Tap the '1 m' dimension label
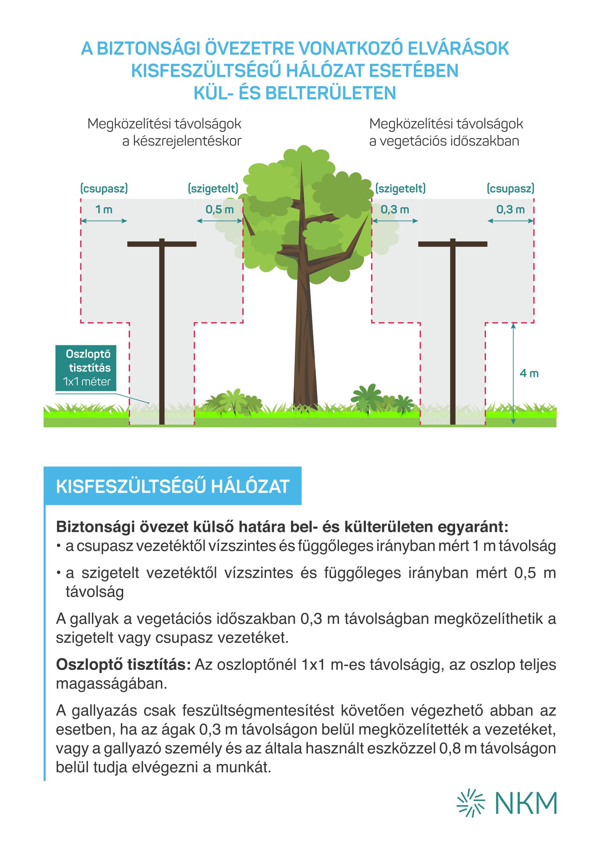click(x=104, y=210)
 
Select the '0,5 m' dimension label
click(x=220, y=210)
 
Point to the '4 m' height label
click(x=529, y=373)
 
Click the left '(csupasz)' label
click(x=104, y=189)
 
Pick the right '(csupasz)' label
click(x=510, y=189)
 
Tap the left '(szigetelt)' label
click(x=213, y=189)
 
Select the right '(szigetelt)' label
click(x=401, y=189)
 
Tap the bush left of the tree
click(x=234, y=401)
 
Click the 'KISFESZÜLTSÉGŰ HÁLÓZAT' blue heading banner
click(x=172, y=486)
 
